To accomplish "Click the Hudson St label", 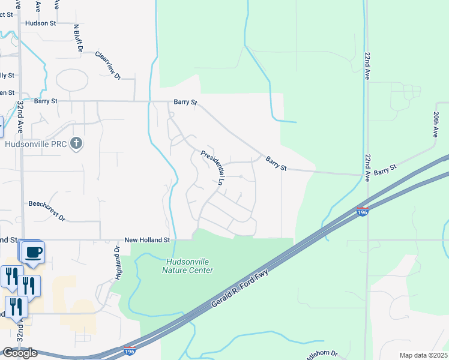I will tap(40, 23).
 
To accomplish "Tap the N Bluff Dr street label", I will tap(77, 38).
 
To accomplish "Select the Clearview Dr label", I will tap(109, 65).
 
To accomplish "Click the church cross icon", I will tap(75, 143).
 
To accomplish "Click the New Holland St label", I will tap(148, 240).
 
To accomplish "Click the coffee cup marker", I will tap(34, 252).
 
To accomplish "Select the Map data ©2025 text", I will tap(423, 355).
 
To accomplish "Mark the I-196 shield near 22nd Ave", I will tap(362, 212).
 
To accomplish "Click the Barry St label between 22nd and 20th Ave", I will tap(385, 172).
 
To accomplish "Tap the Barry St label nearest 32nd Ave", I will tap(46, 101).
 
